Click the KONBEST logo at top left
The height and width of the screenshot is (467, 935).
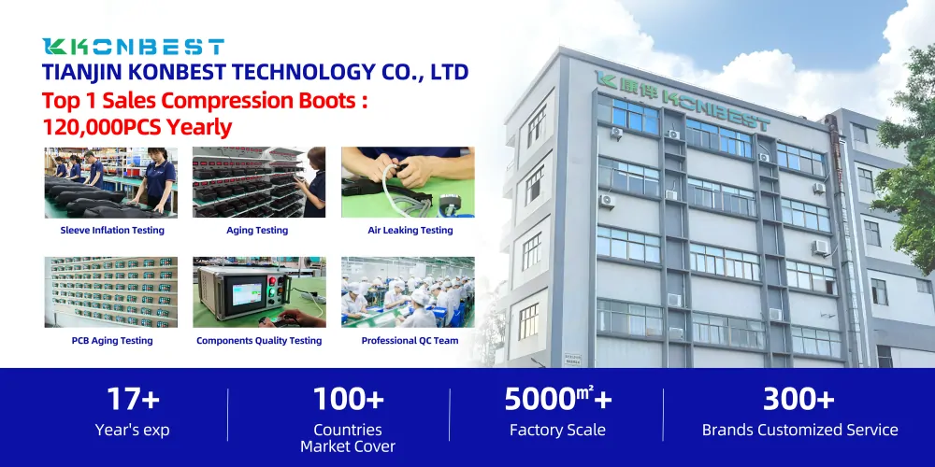point(134,47)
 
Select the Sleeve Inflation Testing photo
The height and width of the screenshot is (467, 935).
point(110,182)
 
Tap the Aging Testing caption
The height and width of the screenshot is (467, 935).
point(257,231)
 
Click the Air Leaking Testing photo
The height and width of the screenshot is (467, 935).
point(408,182)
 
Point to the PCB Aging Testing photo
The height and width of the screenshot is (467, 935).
point(110,292)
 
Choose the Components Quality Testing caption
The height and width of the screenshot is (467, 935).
point(259,341)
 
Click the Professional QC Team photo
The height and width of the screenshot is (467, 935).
point(408,292)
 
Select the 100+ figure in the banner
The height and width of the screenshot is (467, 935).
point(348,400)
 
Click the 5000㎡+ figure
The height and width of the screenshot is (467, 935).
point(558,400)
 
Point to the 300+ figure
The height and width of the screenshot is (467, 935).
point(799,400)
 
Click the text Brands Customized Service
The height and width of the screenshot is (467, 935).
point(799,431)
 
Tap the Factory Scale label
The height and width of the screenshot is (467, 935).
point(557,431)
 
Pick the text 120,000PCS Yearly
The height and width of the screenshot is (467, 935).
point(137,127)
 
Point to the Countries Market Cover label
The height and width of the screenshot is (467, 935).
point(348,438)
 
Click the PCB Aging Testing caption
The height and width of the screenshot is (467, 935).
point(112,341)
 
